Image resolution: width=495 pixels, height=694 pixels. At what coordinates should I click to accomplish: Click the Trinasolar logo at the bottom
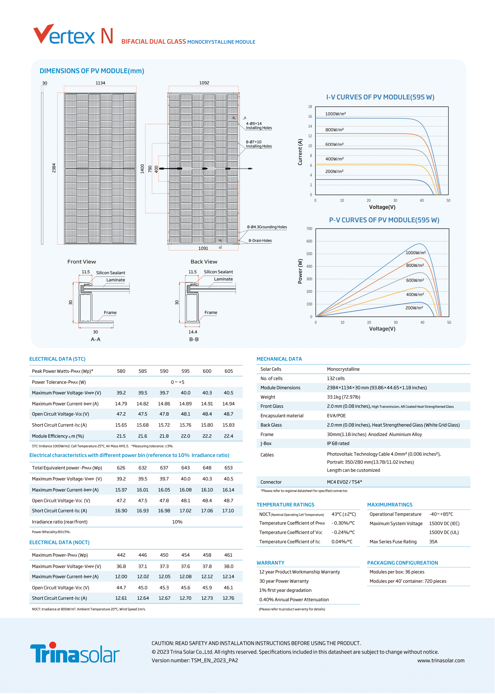click(75, 653)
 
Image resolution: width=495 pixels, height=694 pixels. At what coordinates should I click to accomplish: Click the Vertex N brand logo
click(73, 34)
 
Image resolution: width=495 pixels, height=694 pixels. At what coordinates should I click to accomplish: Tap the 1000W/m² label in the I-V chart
click(335, 114)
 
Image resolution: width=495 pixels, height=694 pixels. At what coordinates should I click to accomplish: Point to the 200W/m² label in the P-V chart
click(414, 308)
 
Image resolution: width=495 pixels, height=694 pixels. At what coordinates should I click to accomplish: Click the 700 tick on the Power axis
click(309, 229)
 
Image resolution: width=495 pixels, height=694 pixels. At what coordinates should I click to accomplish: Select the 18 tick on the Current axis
click(310, 107)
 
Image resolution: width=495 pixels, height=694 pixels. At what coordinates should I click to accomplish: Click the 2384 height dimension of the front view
click(54, 168)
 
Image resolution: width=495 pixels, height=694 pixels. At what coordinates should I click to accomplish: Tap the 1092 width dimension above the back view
click(204, 83)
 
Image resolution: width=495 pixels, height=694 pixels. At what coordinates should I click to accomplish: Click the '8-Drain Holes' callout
click(260, 240)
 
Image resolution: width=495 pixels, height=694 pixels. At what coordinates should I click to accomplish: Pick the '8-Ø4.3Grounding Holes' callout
click(267, 227)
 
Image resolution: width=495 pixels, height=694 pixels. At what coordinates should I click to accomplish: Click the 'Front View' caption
click(81, 262)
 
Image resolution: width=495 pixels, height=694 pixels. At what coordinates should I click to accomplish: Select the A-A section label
click(95, 339)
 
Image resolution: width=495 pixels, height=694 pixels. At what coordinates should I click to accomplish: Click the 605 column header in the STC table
click(229, 371)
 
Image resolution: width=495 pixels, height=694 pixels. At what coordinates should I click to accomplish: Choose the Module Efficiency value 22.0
click(185, 436)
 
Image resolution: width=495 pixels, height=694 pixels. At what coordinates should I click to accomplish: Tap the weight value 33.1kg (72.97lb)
click(343, 397)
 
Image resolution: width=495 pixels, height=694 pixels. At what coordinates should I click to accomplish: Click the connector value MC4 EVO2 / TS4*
click(345, 482)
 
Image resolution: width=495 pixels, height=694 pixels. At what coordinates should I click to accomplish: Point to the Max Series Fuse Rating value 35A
click(433, 542)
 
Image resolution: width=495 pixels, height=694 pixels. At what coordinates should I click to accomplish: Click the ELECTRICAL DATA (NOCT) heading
click(59, 542)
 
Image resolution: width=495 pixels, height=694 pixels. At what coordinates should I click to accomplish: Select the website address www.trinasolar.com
click(441, 661)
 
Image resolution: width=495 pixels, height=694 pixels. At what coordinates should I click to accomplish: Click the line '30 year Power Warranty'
click(284, 581)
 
